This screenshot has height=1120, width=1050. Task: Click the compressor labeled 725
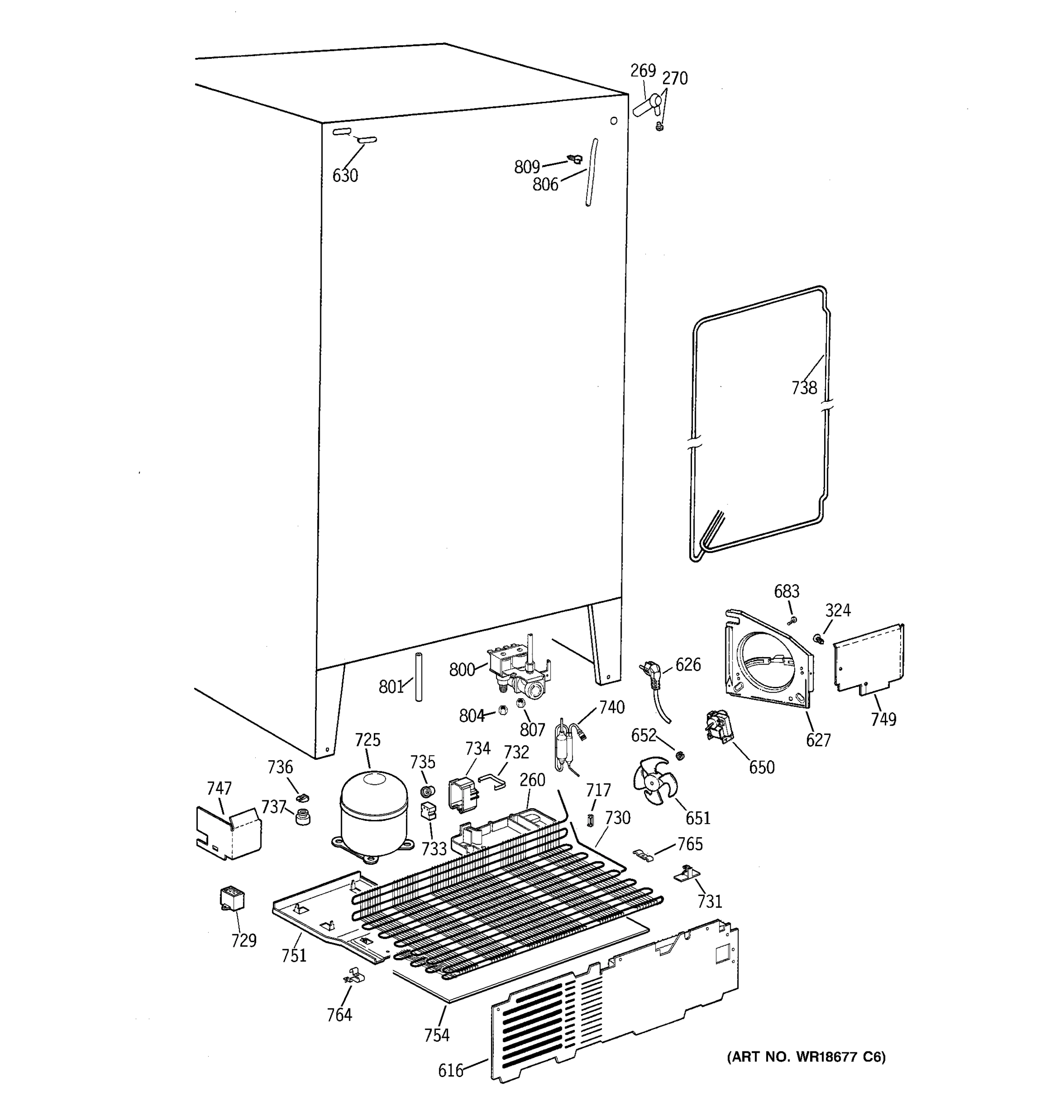[x=373, y=813]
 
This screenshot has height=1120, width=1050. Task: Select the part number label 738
[x=804, y=388]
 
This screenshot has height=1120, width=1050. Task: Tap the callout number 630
[x=345, y=176]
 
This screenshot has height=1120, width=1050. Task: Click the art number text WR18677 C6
[x=806, y=1057]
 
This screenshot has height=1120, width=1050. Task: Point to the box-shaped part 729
[x=231, y=898]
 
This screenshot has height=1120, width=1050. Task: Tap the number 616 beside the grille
[x=451, y=1071]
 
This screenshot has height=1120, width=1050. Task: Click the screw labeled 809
[x=575, y=160]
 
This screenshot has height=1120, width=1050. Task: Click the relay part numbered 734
[x=462, y=794]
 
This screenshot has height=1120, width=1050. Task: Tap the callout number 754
[x=436, y=1035]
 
